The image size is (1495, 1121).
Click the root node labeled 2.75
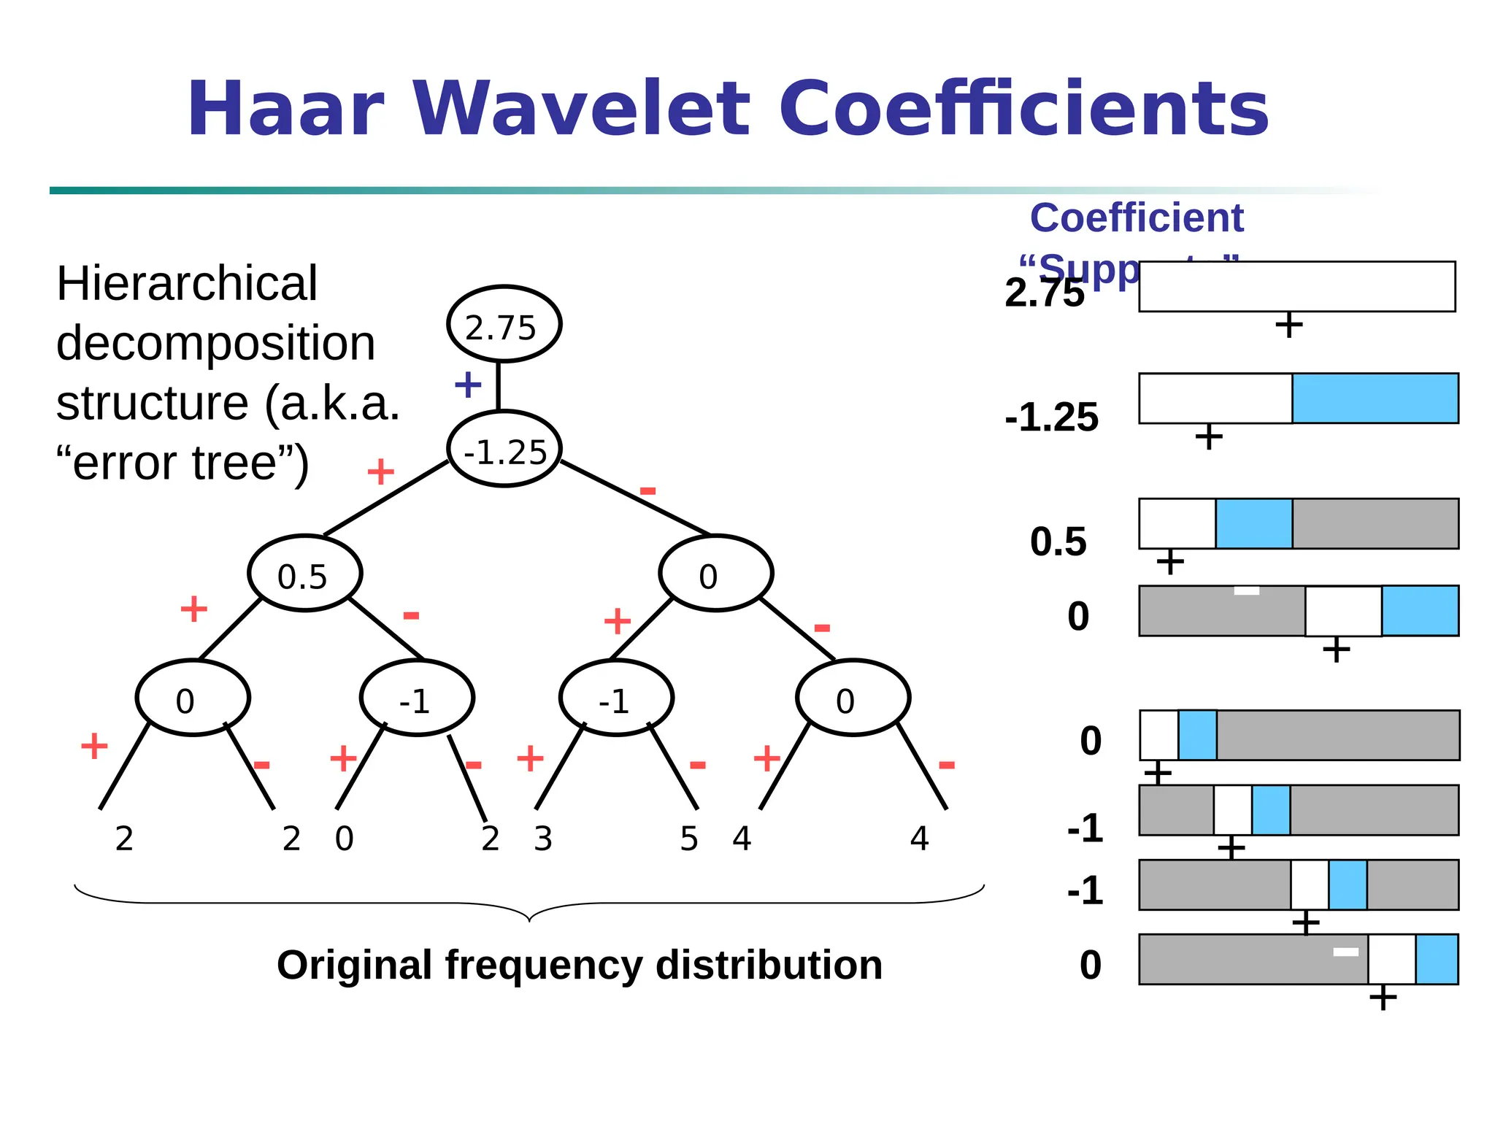tap(504, 325)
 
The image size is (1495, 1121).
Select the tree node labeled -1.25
tap(504, 450)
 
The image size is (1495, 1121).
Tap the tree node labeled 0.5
tap(304, 574)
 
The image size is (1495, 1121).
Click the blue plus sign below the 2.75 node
tap(468, 385)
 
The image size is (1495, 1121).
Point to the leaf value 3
tap(543, 839)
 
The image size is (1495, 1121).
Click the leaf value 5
tap(689, 839)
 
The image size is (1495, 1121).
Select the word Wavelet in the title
tap(581, 109)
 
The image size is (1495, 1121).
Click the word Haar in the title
tap(285, 109)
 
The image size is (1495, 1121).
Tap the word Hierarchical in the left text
tap(187, 283)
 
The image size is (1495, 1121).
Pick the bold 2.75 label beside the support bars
tap(1044, 293)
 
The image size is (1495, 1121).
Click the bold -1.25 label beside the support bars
tap(1051, 417)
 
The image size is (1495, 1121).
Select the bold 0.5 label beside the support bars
tap(1058, 542)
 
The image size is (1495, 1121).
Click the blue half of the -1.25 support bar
tap(1375, 398)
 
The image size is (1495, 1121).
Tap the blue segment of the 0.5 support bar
tap(1253, 523)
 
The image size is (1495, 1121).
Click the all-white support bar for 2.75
tap(1296, 287)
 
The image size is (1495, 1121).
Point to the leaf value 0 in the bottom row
tap(344, 839)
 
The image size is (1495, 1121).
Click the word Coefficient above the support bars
tap(1136, 218)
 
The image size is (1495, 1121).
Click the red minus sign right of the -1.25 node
tap(647, 490)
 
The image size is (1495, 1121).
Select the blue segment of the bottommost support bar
tap(1437, 959)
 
